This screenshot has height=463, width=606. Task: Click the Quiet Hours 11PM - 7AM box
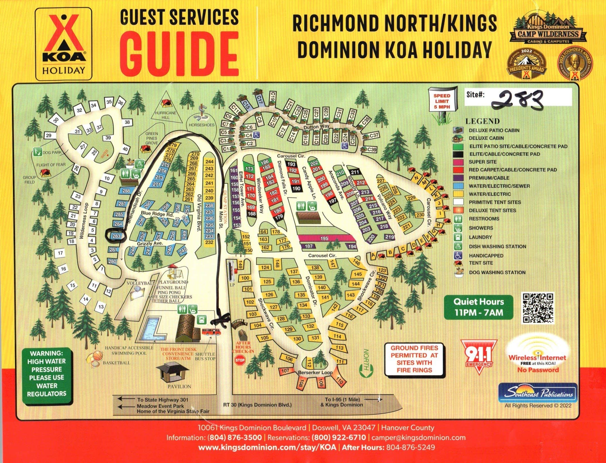point(478,307)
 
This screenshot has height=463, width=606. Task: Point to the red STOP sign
point(240,360)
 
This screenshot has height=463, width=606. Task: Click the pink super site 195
point(324,238)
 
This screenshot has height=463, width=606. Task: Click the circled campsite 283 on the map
point(115,236)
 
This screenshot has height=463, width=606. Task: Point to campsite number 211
point(355,172)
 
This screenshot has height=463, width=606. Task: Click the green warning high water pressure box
point(46,373)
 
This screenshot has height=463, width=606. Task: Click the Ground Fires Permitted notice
point(414,359)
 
